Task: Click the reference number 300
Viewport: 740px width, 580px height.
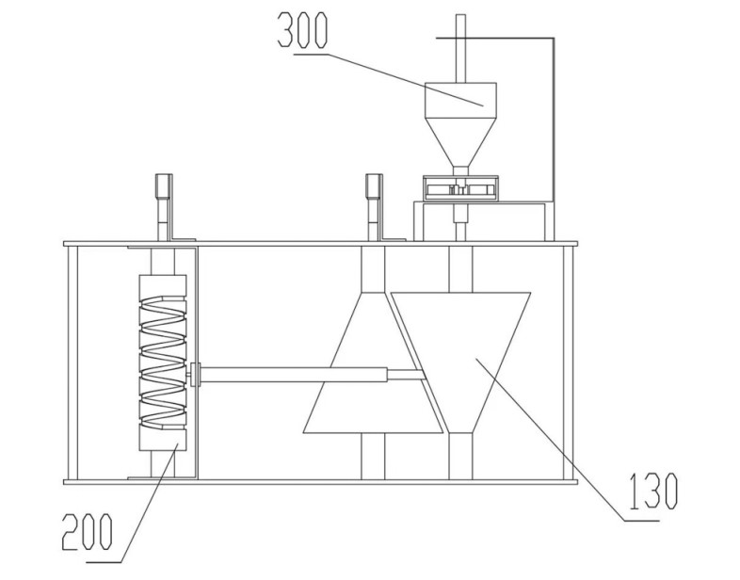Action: [302, 29]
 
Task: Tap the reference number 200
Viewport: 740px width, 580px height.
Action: [88, 532]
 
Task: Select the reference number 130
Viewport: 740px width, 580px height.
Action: [653, 491]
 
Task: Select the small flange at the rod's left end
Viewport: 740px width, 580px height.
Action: [196, 374]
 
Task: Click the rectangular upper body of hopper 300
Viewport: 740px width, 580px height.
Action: [460, 100]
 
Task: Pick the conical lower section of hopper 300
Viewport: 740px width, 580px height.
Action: [460, 141]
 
